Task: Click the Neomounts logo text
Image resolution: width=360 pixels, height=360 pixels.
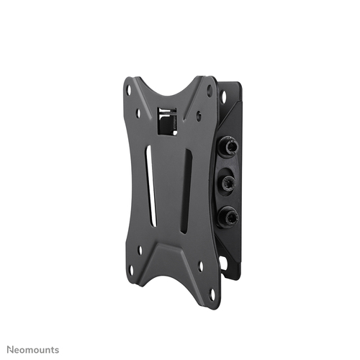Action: click(33, 350)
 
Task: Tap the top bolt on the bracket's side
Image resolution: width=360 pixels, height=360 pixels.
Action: click(228, 145)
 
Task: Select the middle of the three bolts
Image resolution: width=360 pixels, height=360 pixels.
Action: click(228, 180)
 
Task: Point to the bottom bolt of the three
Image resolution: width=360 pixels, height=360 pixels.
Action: click(228, 217)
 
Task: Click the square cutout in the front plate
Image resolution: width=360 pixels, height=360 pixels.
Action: click(167, 120)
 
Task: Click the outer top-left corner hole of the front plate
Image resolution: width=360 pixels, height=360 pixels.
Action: click(129, 91)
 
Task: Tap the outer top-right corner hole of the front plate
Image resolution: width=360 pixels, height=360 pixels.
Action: click(210, 91)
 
